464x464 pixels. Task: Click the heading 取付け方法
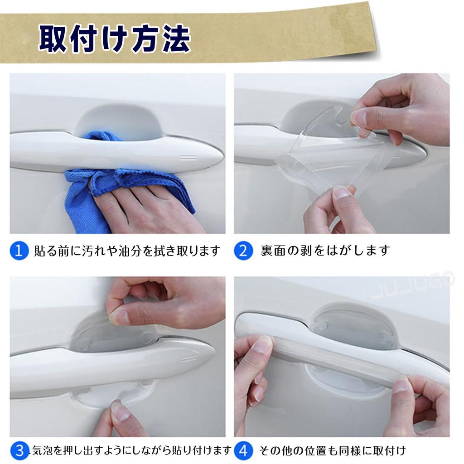114,40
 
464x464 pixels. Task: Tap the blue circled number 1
19,251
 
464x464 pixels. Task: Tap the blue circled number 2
243,251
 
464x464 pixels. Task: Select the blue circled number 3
19,450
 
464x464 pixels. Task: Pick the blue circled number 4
243,450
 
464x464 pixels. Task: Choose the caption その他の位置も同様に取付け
332,450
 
